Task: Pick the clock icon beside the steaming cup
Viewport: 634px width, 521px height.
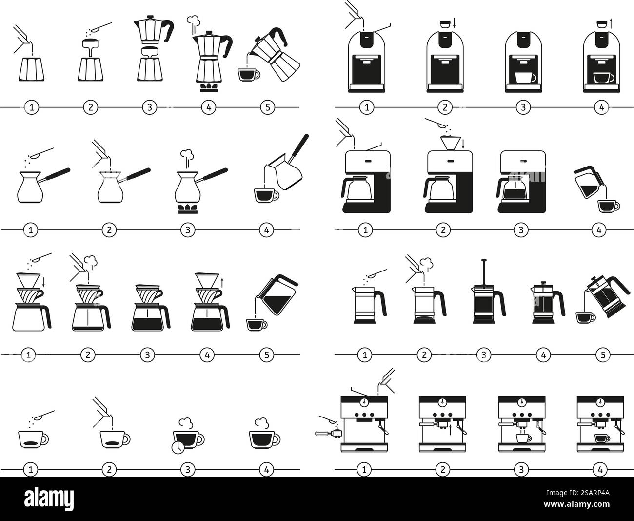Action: point(178,446)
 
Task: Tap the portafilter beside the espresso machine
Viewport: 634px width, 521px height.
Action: point(328,433)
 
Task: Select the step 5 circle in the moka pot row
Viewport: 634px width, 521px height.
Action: point(267,107)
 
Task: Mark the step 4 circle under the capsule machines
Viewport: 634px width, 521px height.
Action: point(601,107)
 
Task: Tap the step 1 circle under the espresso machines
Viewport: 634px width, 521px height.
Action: point(363,470)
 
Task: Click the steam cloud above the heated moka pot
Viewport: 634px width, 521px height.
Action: point(193,21)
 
